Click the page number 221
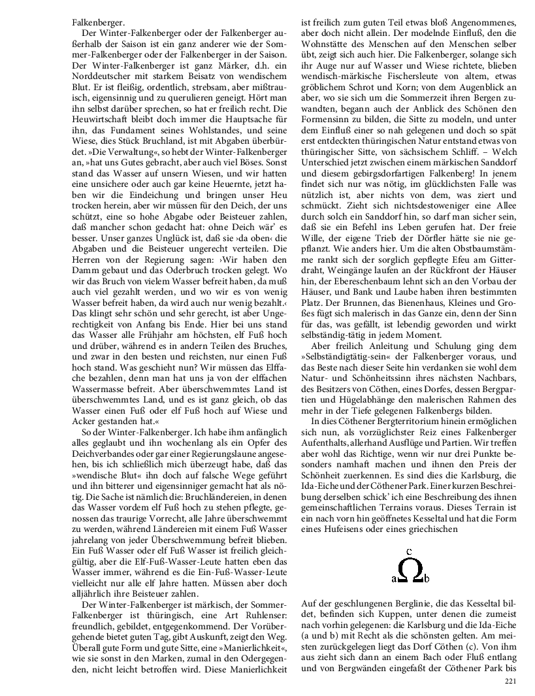tap(511, 682)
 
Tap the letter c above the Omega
tap(408, 551)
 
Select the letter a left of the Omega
tap(393, 578)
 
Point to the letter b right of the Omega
tap(427, 578)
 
